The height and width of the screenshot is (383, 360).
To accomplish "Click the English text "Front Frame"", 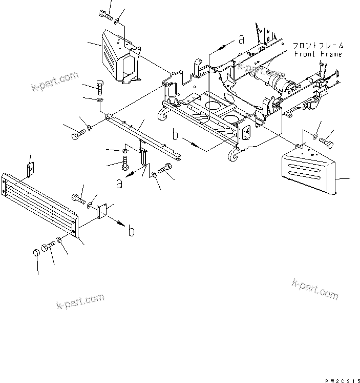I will (318, 54).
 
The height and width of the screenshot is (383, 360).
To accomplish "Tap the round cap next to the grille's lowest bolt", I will (37, 253).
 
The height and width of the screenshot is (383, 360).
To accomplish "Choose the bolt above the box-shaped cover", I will (107, 14).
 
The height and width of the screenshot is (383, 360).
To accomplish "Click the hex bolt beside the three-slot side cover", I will (326, 137).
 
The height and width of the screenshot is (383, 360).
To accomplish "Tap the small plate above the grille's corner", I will (30, 168).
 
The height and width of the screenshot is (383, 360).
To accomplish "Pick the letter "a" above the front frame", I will (240, 39).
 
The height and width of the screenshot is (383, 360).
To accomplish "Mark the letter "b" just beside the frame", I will (175, 136).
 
